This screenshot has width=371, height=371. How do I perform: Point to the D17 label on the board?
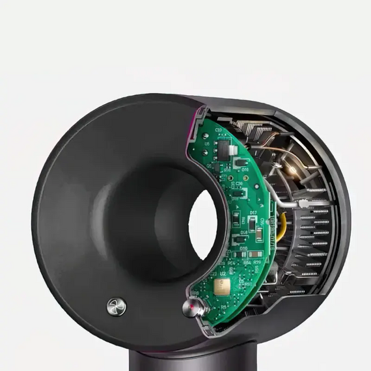253,212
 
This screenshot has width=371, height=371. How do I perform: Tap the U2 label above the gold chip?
223,275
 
